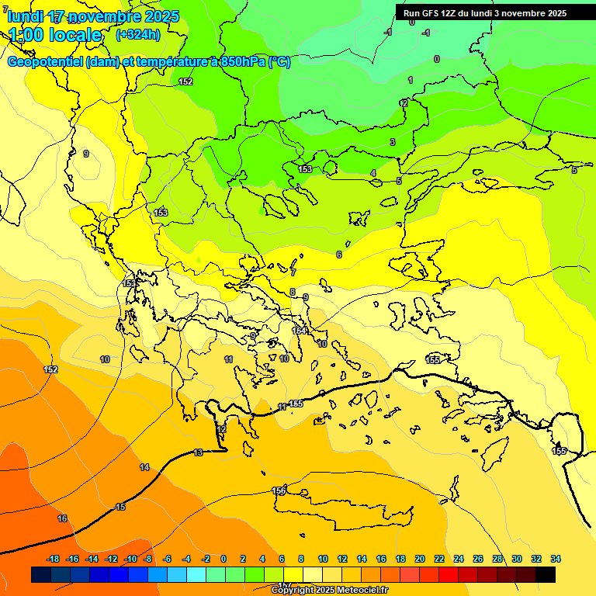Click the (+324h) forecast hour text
pyautogui.click(x=138, y=34)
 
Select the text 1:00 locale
pyautogui.click(x=56, y=35)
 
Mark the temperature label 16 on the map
pyautogui.click(x=62, y=518)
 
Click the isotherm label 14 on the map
pyautogui.click(x=144, y=467)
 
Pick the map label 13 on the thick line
pyautogui.click(x=198, y=452)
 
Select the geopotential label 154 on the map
pyautogui.click(x=299, y=331)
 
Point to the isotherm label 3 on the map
pyautogui.click(x=393, y=142)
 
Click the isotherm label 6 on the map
pyautogui.click(x=338, y=255)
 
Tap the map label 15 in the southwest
pyautogui.click(x=120, y=507)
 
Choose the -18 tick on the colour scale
pyautogui.click(x=53, y=559)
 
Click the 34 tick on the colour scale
pyautogui.click(x=555, y=559)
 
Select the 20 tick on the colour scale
pyautogui.click(x=420, y=559)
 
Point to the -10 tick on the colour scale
pyautogui.click(x=130, y=559)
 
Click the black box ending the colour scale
pyautogui.click(x=546, y=575)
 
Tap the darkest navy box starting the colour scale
pyautogui.click(x=41, y=575)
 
